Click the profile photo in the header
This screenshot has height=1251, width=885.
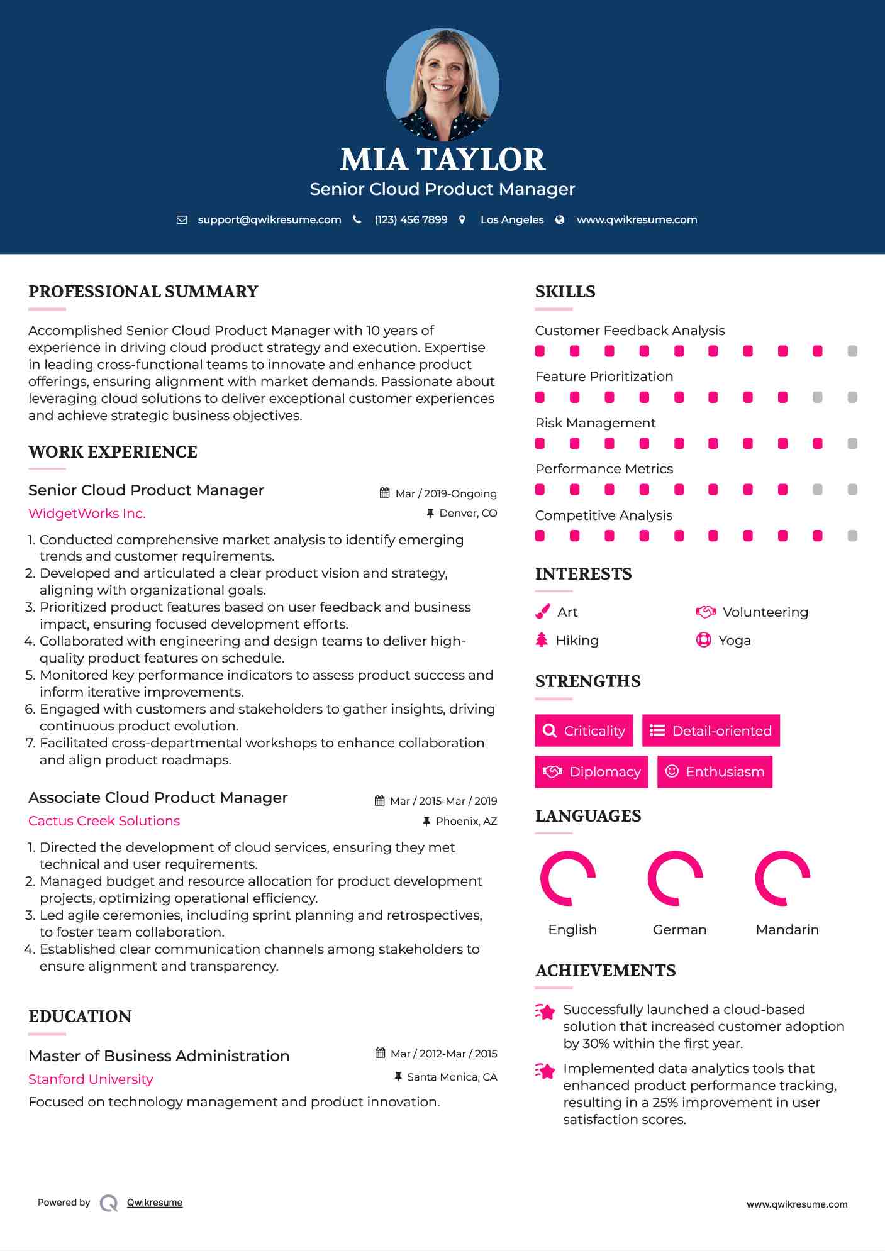tap(442, 84)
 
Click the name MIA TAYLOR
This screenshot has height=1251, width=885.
tap(442, 160)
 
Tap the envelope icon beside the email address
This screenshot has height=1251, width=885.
tap(182, 220)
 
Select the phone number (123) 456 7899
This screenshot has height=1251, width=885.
tap(411, 220)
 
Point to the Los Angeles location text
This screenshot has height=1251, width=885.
tap(511, 220)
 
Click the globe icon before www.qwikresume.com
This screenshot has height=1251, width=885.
tap(560, 220)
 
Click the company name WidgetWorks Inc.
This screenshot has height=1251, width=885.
tap(87, 514)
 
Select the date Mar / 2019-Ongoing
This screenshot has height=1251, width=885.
tap(445, 494)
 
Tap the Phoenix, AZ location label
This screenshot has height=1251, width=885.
tap(466, 822)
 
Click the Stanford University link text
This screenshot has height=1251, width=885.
tap(91, 1079)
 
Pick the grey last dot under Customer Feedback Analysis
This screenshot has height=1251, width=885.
tap(852, 351)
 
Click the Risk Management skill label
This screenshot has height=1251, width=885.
tap(595, 423)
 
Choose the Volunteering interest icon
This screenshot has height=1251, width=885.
tap(706, 612)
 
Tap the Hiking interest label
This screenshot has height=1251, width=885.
tap(577, 641)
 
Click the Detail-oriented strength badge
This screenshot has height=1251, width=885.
tap(711, 730)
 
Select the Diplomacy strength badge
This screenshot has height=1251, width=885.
tap(591, 772)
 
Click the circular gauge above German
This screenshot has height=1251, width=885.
tap(676, 878)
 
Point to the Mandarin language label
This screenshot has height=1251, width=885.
tap(787, 930)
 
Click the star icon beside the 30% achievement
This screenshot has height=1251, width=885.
tap(545, 1011)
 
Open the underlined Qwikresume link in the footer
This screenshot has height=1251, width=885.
tap(154, 1203)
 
